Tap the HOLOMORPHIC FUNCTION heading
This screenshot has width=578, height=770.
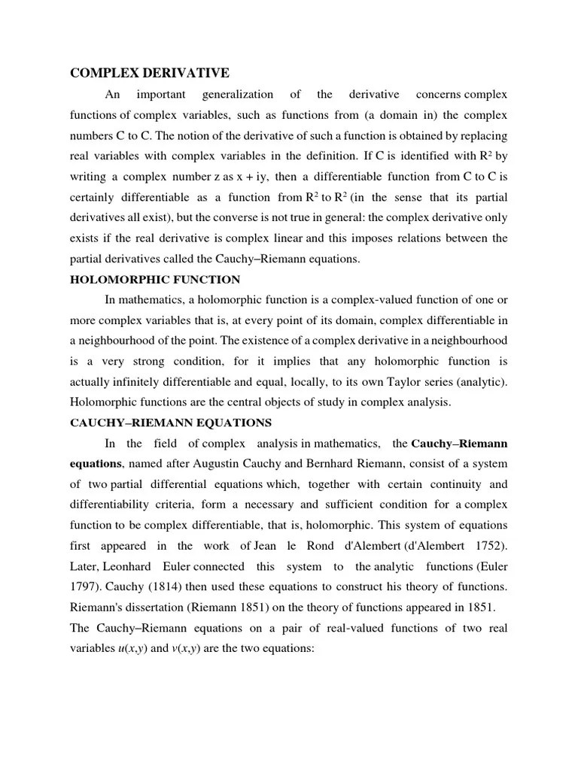click(x=155, y=280)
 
